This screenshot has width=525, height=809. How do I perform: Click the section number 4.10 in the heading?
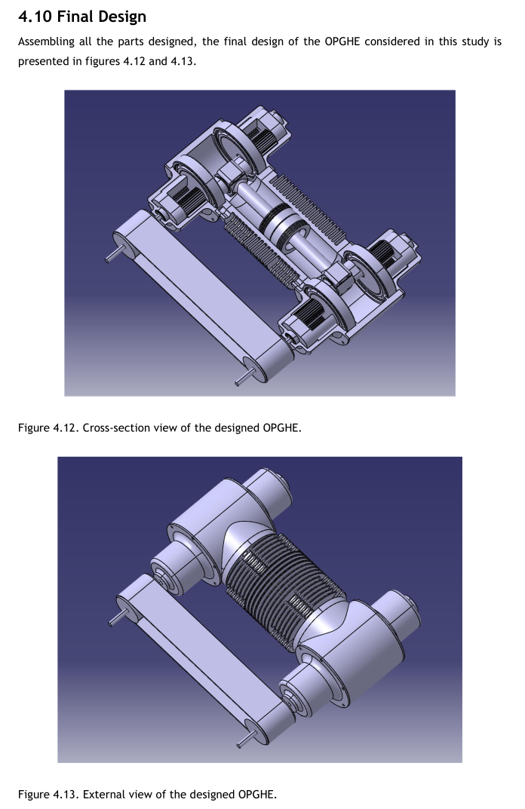click(x=35, y=17)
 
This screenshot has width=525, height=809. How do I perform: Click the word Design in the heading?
click(x=124, y=17)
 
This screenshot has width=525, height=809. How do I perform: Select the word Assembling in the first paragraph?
click(x=46, y=42)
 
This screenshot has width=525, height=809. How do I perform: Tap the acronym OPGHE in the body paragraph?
click(x=342, y=41)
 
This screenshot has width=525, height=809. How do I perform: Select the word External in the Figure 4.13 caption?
click(x=103, y=794)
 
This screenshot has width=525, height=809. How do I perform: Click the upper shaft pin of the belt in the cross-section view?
click(x=114, y=254)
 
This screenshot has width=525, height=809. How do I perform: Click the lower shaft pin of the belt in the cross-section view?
click(x=244, y=378)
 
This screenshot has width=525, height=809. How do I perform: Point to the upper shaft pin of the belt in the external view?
click(x=118, y=618)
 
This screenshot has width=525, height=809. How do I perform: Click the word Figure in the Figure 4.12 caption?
click(x=33, y=427)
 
